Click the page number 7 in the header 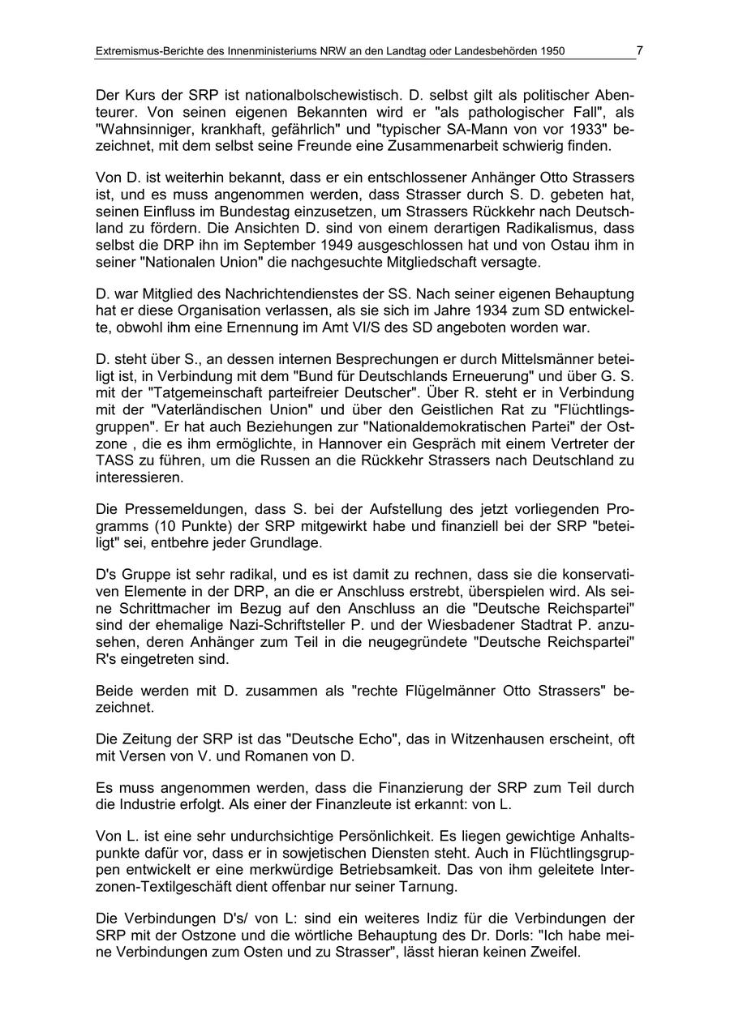click(x=639, y=50)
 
